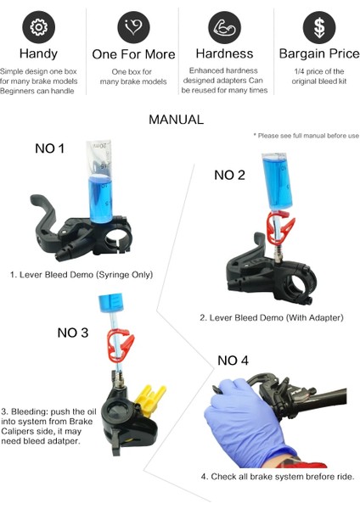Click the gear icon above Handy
coord(39,27)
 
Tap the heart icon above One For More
coord(133,27)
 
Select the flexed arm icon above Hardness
coord(224,27)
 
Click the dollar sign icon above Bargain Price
coord(319,27)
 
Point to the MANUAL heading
coord(176,120)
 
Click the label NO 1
coord(50,148)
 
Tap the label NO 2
coord(229,176)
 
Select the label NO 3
coord(73,333)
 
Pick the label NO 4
coord(233,361)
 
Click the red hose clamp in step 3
coord(120,345)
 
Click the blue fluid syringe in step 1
coord(100,182)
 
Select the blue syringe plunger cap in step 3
coord(110,303)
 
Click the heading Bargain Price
coord(319,54)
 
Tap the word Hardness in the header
coord(224,54)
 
